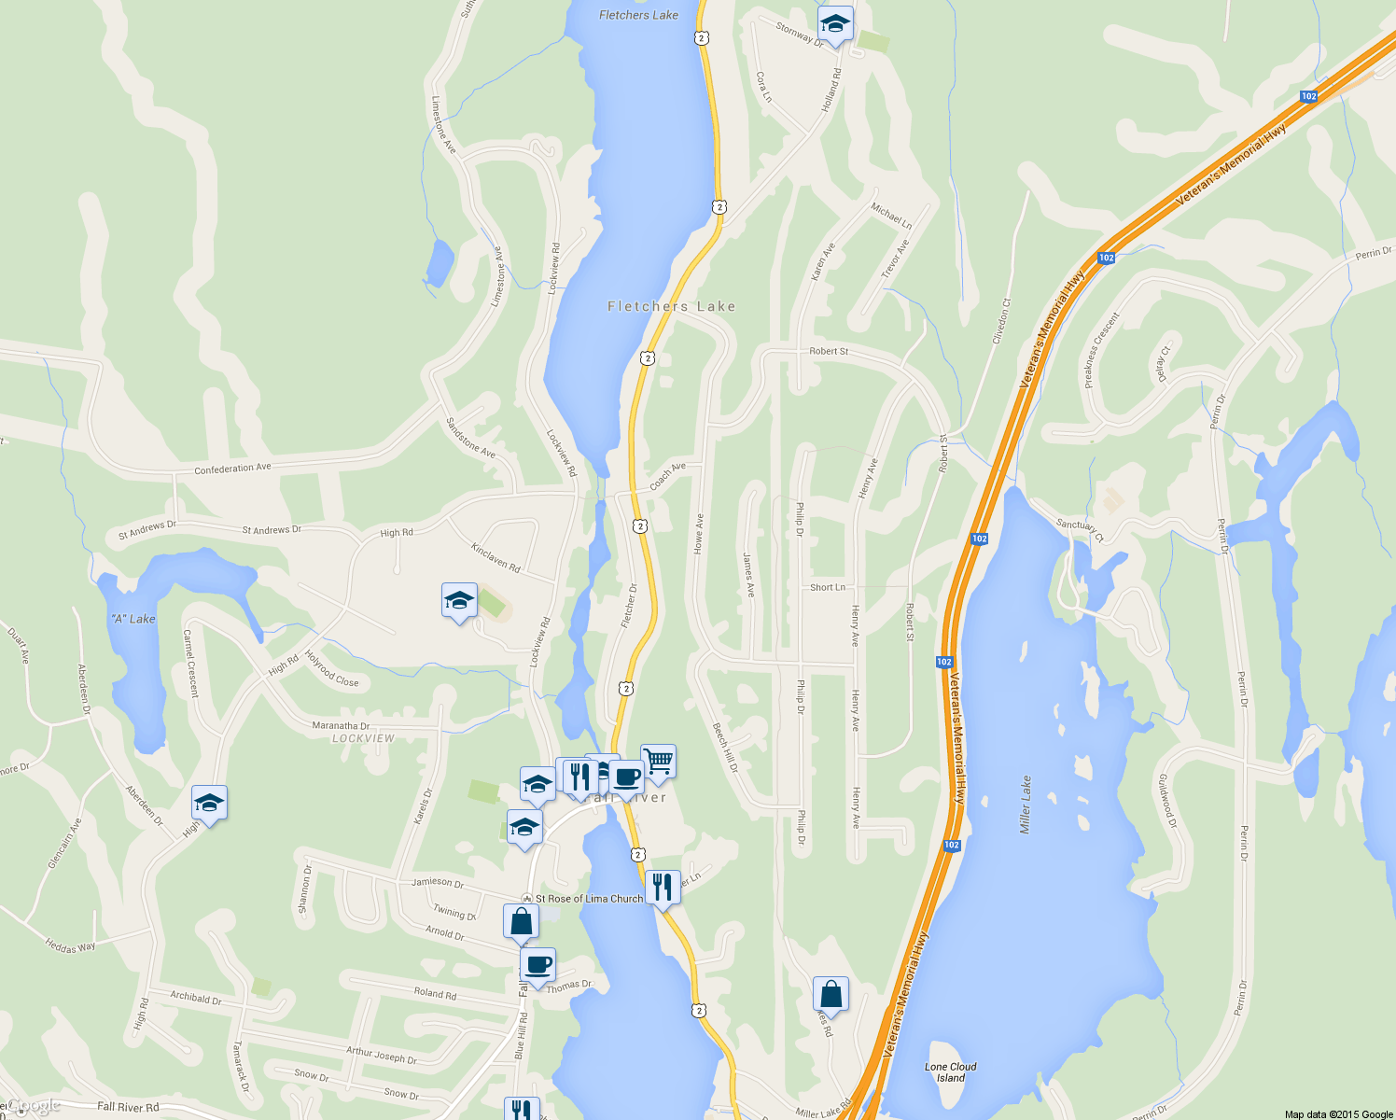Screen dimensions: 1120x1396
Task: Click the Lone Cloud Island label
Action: coord(950,1072)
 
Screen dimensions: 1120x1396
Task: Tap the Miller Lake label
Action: coord(1026,805)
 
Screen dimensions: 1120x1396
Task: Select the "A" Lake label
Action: coord(133,619)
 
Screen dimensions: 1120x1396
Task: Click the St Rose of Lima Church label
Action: coord(589,899)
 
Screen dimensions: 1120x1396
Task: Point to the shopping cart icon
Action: coord(659,762)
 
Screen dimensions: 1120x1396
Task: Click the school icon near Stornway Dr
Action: coord(835,24)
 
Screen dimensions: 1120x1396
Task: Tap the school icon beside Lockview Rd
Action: coord(459,601)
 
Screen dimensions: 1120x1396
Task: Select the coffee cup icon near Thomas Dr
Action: coord(537,965)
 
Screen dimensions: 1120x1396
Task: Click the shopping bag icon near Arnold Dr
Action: coord(521,921)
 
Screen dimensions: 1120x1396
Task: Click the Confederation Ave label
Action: coord(232,468)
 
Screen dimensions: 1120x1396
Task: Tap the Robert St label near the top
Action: coord(829,352)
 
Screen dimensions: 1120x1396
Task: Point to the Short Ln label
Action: coord(828,587)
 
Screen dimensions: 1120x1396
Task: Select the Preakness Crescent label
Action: coord(1101,350)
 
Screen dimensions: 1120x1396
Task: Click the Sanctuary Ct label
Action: coord(1080,529)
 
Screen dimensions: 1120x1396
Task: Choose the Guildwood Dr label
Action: coord(1167,800)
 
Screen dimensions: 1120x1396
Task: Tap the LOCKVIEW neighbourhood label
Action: coord(363,738)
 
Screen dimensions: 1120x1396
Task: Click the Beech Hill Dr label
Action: coord(725,748)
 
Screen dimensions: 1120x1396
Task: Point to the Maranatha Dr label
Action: coord(341,725)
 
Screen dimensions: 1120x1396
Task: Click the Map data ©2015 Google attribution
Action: coord(1338,1114)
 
